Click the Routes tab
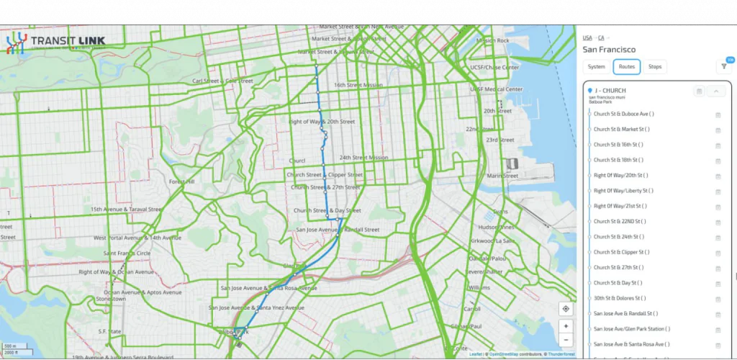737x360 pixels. [x=626, y=67]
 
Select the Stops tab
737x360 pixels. [x=655, y=67]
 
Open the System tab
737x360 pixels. [x=596, y=67]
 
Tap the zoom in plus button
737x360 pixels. [x=566, y=326]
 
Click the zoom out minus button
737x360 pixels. [x=566, y=340]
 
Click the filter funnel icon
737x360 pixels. [x=723, y=66]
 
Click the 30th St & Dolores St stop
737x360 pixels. [x=620, y=298]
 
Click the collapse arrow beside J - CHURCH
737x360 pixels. [x=716, y=91]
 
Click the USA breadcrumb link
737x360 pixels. [x=587, y=37]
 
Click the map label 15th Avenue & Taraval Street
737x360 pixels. [x=127, y=210]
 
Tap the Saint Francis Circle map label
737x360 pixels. [x=127, y=253]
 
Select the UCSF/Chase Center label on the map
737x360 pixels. [x=494, y=68]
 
